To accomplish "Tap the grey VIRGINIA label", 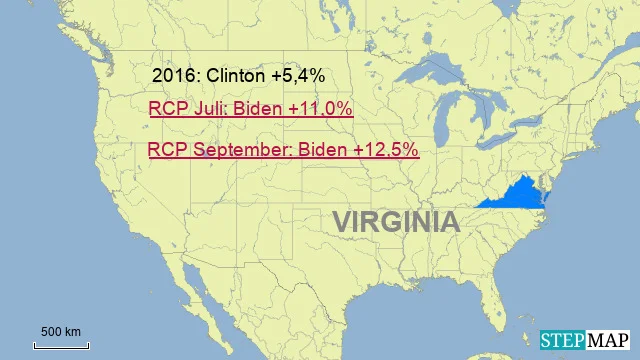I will click(396, 221).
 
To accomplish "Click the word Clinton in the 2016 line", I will click(241, 76).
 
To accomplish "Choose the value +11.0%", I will click(319, 109).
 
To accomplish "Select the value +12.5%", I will click(385, 150).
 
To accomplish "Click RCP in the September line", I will click(166, 150).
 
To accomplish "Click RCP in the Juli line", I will click(167, 109).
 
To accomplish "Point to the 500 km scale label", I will click(61, 331).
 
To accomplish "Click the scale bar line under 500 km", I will click(61, 345).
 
